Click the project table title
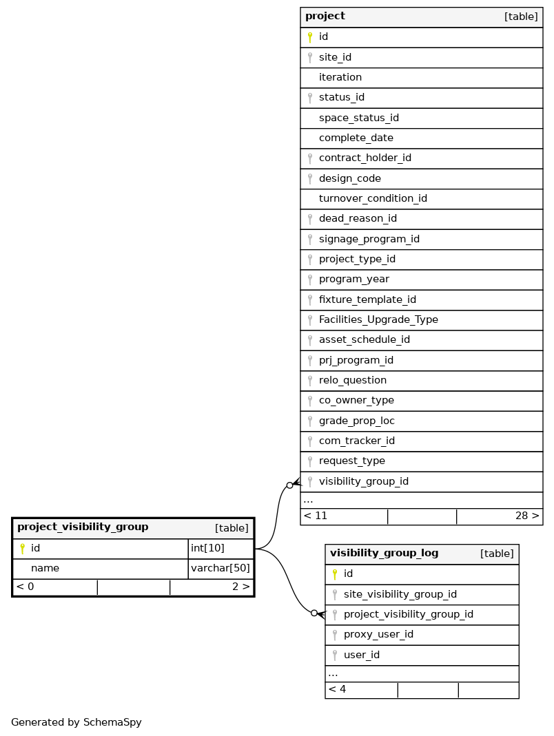coord(325,17)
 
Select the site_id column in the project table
coord(335,57)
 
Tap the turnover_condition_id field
coord(373,198)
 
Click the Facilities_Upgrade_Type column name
coord(378,319)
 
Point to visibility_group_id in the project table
coord(363,481)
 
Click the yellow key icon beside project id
coord(310,37)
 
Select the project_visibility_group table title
coord(83,527)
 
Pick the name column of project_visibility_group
coord(45,568)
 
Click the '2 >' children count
coord(240,587)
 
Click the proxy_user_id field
coord(378,634)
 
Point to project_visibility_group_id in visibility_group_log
coord(408,614)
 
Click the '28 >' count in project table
coord(527,516)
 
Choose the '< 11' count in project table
coord(316,516)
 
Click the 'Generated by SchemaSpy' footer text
coord(76,722)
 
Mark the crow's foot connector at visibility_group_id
coord(294,484)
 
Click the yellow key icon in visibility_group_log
coord(335,574)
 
